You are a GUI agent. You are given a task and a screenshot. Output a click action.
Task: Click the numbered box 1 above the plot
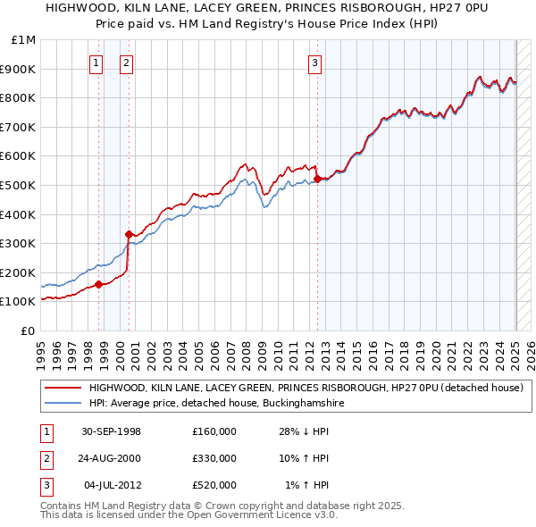96,63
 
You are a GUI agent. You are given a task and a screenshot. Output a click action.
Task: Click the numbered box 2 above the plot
127,63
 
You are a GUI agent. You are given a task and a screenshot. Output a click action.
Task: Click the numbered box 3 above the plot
315,63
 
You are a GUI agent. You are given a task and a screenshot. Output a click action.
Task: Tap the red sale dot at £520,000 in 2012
317,180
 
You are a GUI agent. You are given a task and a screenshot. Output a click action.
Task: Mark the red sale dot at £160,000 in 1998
99,284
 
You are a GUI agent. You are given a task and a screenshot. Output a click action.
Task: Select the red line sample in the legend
63,389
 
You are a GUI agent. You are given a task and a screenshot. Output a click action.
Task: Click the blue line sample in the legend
63,404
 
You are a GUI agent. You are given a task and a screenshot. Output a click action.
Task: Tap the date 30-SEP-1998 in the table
111,431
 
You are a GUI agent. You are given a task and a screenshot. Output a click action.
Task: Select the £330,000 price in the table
214,458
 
